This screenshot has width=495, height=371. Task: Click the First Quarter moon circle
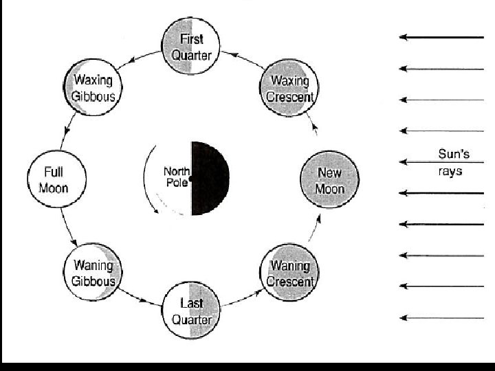[191, 45]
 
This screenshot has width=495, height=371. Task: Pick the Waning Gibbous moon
[93, 272]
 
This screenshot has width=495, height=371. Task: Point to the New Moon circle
[329, 179]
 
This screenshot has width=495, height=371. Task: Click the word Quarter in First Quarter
[191, 55]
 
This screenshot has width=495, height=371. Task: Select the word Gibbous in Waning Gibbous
[94, 281]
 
